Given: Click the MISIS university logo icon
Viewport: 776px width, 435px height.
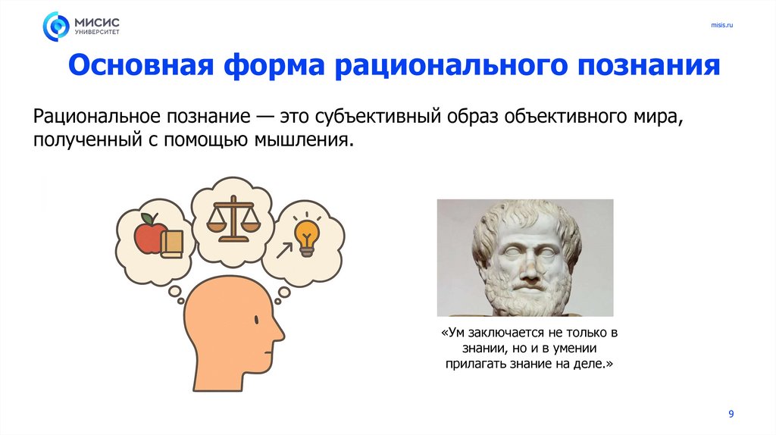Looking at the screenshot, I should (x=55, y=26).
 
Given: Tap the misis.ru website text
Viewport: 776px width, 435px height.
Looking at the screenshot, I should (x=721, y=26).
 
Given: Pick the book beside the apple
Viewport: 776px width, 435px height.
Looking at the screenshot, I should (x=171, y=243).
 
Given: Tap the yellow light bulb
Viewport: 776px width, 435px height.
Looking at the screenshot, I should (x=307, y=234).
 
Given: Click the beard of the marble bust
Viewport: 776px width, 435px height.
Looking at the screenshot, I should (x=525, y=299).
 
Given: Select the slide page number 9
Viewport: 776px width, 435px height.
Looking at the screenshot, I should (x=731, y=413).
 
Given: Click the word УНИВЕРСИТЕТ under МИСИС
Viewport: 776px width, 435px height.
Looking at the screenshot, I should (x=96, y=33).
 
